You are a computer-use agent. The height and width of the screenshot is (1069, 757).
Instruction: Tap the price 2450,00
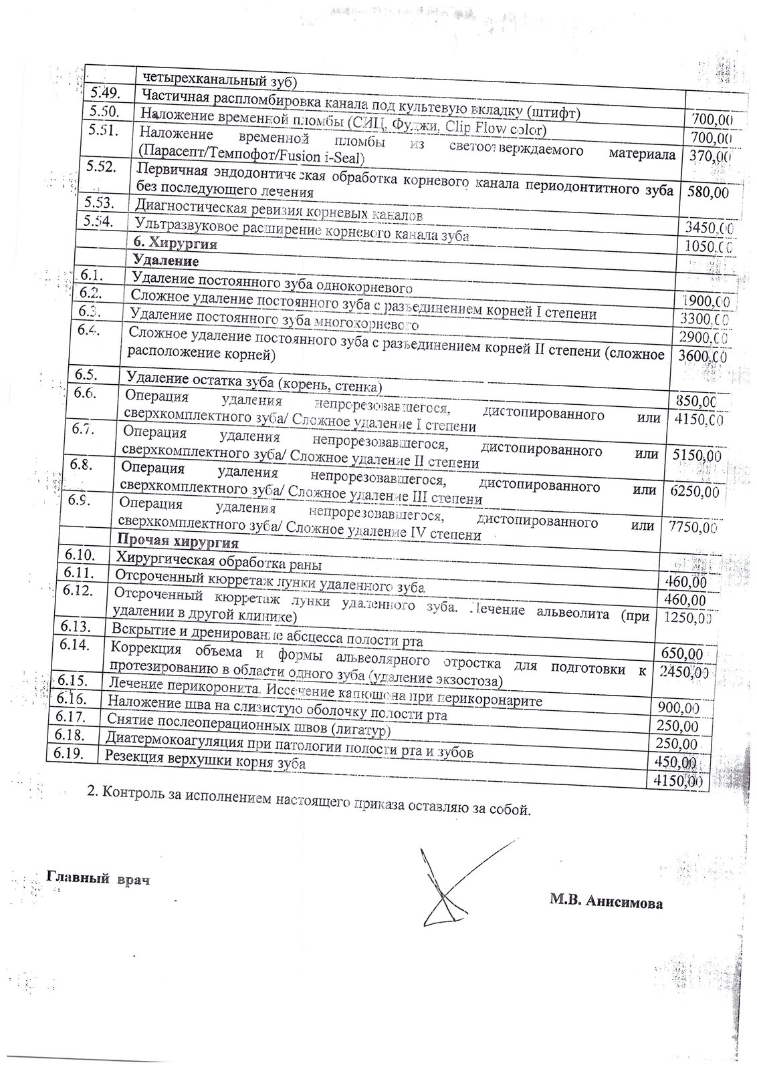tap(682, 672)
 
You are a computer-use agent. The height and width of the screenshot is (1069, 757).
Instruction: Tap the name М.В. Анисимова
tap(606, 903)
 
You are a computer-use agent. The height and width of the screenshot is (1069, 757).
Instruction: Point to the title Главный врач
tap(98, 878)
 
